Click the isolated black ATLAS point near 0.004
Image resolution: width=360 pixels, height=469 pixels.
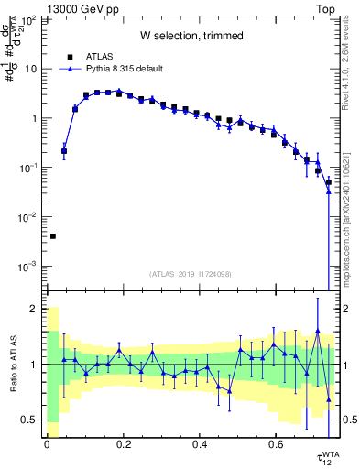point(52,236)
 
